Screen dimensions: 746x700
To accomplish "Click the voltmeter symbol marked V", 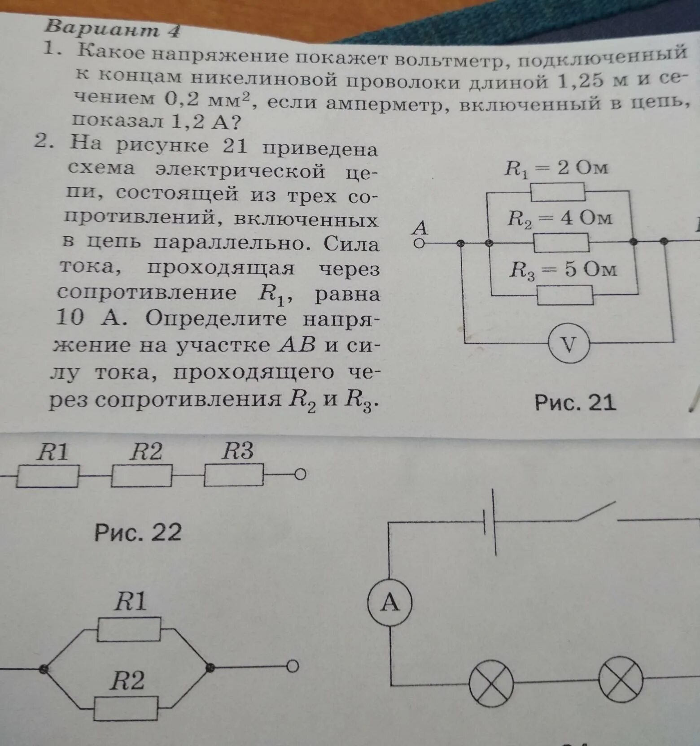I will [569, 344].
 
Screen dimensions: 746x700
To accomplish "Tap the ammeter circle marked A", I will [389, 602].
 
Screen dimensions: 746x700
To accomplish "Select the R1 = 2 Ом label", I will [556, 168].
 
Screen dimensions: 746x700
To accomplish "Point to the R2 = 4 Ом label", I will [560, 218].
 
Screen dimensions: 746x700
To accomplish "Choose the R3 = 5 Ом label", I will [563, 270].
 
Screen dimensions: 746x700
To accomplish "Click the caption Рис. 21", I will [575, 402].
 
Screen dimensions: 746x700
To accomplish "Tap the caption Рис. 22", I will [138, 532].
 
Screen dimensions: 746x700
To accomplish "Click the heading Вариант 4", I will [112, 29].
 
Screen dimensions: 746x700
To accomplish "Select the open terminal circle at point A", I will [419, 243].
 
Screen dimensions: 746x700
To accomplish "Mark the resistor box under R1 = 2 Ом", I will [558, 192].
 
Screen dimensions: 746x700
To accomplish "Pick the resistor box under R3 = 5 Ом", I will [565, 295].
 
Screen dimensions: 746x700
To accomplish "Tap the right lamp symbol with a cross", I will [621, 680].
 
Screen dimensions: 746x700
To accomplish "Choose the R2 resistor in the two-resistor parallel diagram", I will [126, 709].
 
